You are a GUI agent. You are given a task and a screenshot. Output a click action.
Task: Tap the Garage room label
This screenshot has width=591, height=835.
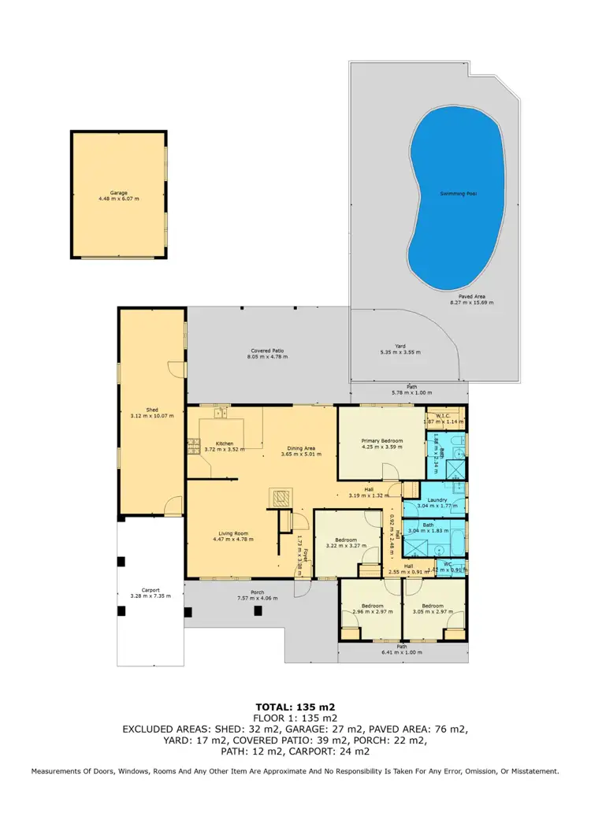(x=119, y=192)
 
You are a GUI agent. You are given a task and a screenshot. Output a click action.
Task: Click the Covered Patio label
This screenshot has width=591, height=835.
(x=267, y=351)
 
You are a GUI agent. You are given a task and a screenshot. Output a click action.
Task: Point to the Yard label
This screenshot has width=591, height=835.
(x=400, y=346)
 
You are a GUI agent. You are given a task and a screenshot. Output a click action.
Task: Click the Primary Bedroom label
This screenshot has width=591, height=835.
(x=382, y=440)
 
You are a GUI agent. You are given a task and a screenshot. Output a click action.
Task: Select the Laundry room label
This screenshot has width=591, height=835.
(x=437, y=499)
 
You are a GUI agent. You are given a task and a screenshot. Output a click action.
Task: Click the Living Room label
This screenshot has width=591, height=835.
(x=233, y=534)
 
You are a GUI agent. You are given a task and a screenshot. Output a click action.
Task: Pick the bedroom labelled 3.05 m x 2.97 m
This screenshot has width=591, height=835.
(x=434, y=610)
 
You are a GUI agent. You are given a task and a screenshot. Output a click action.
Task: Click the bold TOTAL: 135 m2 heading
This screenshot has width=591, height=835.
(x=295, y=707)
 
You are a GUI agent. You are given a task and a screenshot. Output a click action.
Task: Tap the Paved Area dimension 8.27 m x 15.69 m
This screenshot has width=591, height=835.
(x=471, y=302)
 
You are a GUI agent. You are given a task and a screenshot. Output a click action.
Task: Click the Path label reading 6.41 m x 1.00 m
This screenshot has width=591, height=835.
(x=402, y=652)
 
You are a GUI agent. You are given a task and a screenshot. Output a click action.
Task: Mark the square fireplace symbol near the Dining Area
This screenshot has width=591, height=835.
(x=281, y=497)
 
